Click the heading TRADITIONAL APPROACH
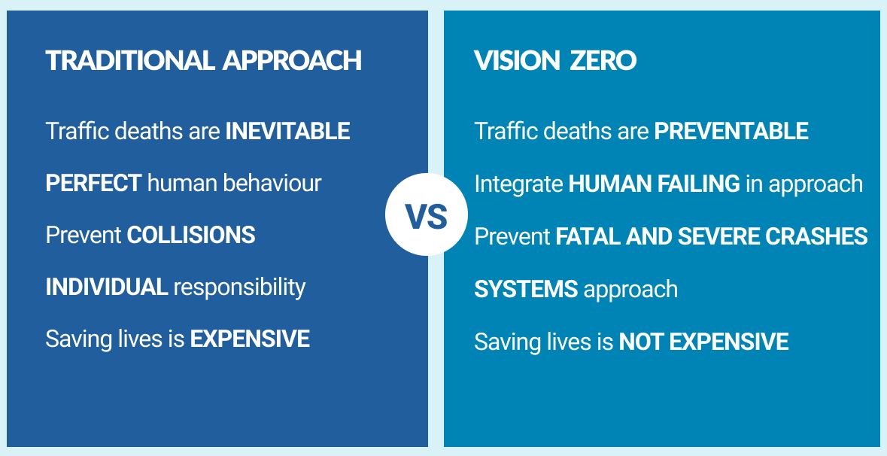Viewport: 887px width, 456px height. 204,61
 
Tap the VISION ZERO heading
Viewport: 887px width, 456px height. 555,61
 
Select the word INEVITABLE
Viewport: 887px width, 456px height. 287,132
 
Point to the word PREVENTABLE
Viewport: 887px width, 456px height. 731,132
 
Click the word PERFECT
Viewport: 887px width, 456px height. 93,183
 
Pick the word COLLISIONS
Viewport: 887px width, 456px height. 191,235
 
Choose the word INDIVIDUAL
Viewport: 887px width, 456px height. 106,287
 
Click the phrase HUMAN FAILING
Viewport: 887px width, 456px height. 654,184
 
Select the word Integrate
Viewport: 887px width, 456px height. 518,184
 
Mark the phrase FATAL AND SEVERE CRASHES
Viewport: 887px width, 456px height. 711,236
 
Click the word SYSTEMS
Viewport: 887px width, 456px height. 526,289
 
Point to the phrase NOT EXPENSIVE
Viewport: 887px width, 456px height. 703,342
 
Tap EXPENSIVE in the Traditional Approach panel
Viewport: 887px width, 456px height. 250,339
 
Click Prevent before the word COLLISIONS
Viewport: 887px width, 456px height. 84,235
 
